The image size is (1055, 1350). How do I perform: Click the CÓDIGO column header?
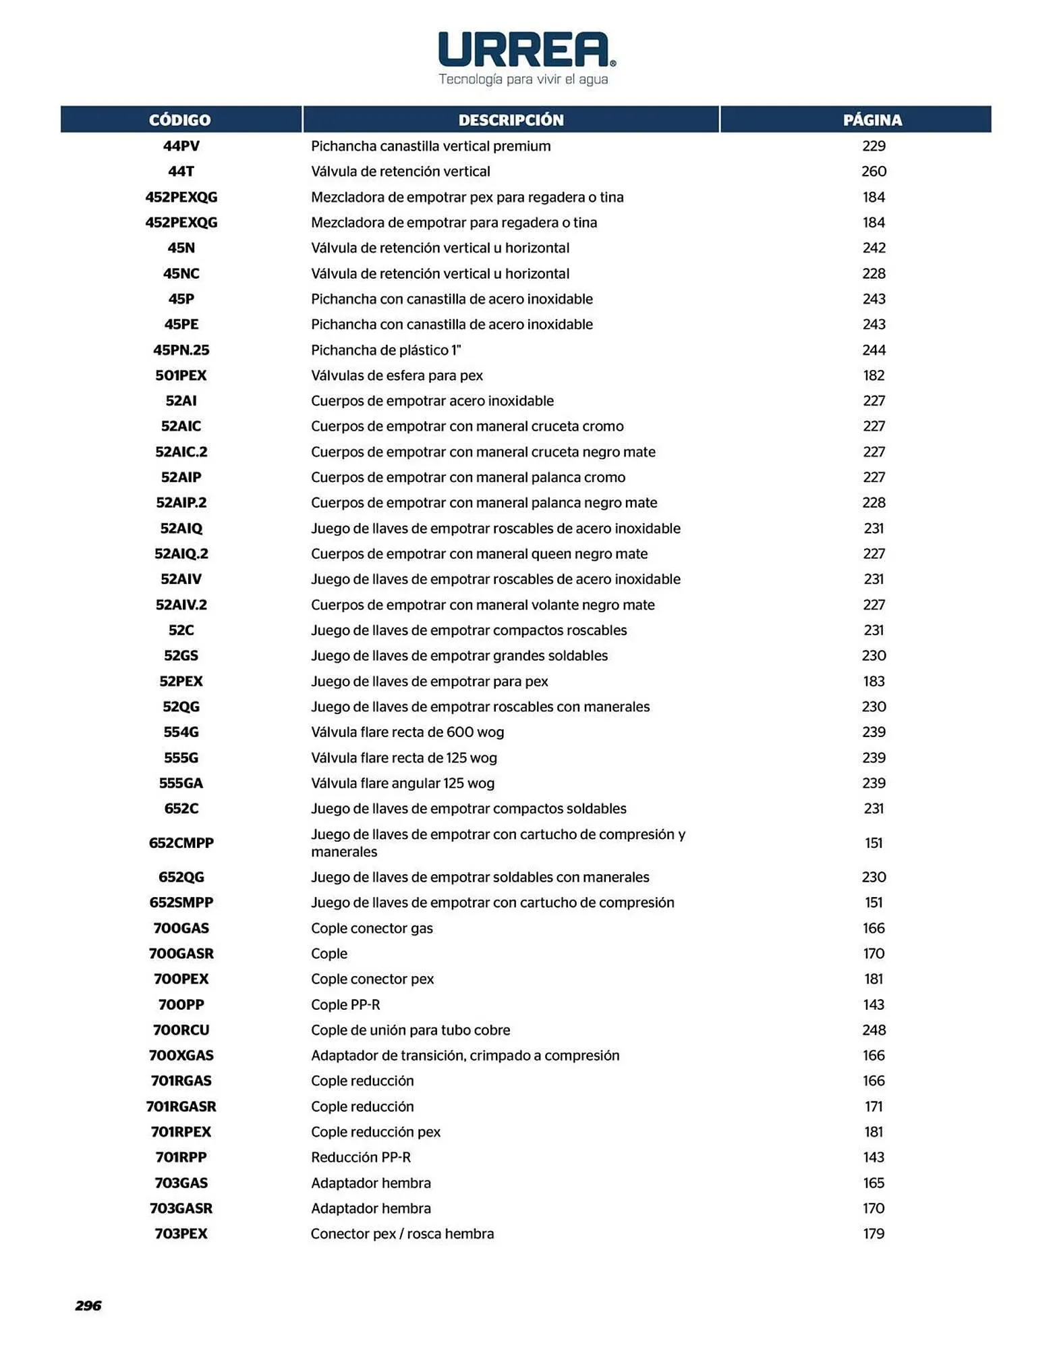[180, 120]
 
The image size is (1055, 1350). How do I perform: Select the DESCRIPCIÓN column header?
[511, 120]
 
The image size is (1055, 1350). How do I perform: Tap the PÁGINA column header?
[872, 120]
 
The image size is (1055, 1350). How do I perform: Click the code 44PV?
[181, 146]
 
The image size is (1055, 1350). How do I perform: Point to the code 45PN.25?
[181, 350]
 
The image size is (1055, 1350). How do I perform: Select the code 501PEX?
[181, 375]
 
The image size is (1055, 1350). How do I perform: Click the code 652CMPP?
[181, 842]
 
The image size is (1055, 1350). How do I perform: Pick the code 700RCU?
[181, 1030]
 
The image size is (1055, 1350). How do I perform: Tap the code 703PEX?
[181, 1234]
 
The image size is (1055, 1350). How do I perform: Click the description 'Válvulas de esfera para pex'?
[397, 375]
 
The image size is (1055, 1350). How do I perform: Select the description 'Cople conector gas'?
[372, 928]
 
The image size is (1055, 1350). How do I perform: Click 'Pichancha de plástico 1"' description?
[386, 350]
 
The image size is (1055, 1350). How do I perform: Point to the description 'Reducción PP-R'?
[361, 1157]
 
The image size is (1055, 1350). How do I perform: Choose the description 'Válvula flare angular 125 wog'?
[403, 783]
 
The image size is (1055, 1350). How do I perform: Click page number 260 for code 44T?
[874, 171]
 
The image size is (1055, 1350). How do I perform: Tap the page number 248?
[874, 1030]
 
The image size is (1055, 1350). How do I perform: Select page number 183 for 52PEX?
[874, 681]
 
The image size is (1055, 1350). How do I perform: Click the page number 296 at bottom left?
[88, 1305]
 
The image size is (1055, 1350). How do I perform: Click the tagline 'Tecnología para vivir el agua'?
[523, 79]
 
